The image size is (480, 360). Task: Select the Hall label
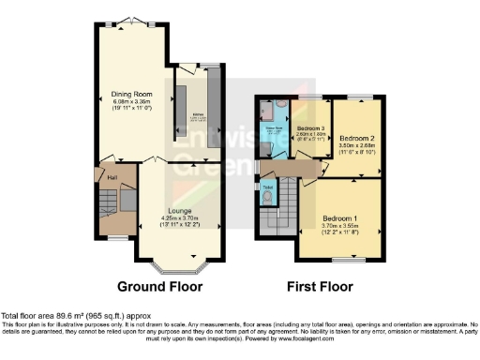pyautogui.click(x=111, y=177)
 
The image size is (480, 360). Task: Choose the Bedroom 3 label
pyautogui.click(x=309, y=128)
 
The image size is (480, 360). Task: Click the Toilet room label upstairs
pyautogui.click(x=268, y=187)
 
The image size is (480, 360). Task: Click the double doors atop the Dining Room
pyautogui.click(x=131, y=21)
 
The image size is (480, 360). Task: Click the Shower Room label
pyautogui.click(x=275, y=127)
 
